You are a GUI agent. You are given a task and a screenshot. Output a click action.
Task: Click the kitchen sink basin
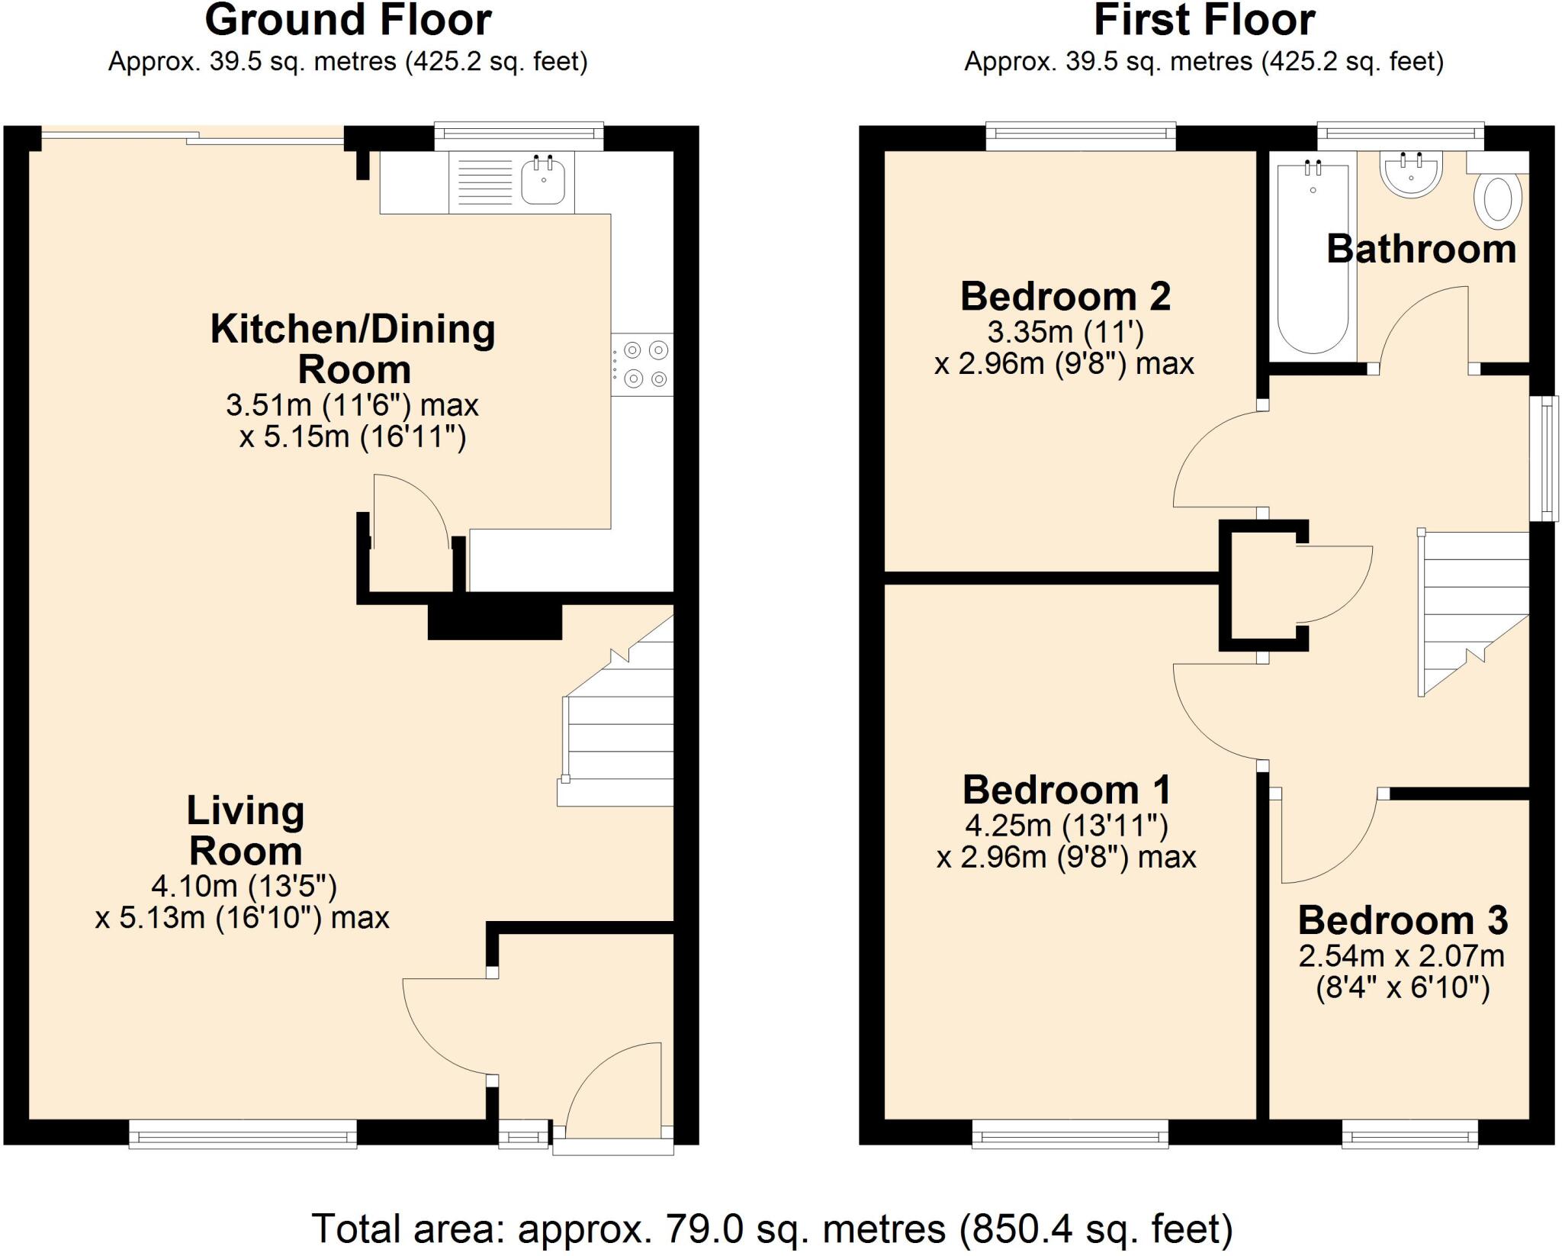(x=543, y=182)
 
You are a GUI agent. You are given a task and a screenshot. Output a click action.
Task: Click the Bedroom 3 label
(x=1403, y=920)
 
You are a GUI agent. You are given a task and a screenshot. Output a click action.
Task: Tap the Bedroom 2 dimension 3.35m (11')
(x=1065, y=333)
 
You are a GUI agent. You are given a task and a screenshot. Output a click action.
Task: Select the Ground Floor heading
(x=348, y=21)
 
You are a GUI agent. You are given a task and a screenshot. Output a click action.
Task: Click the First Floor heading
(x=1204, y=21)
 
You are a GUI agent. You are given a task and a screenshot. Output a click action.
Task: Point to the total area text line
(x=772, y=1229)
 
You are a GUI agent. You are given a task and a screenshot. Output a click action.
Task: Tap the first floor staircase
(x=1472, y=610)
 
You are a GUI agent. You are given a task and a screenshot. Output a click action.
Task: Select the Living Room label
(x=246, y=830)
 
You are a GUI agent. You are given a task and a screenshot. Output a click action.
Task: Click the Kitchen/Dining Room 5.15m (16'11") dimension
(x=352, y=437)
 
